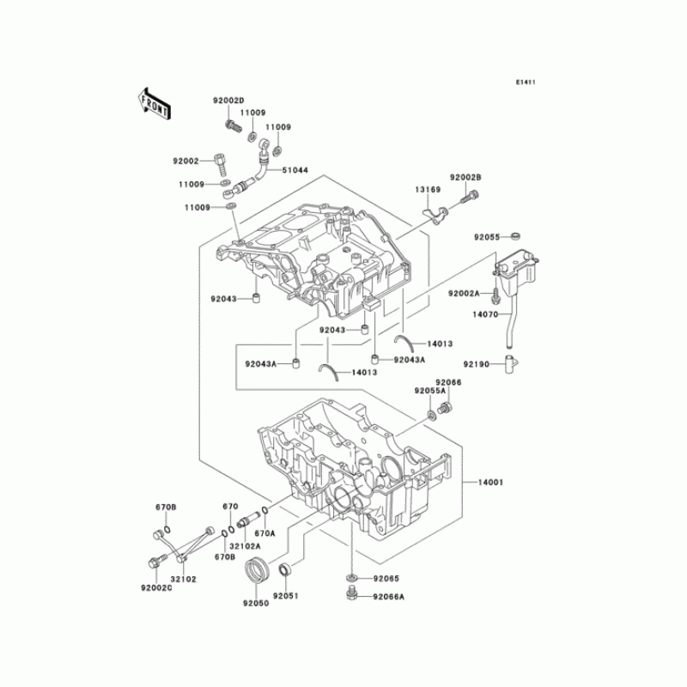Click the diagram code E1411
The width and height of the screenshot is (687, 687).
pos(526,82)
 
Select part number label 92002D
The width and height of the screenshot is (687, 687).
pos(229,101)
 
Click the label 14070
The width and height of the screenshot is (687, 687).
pos(484,315)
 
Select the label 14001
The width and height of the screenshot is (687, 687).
pos(489,483)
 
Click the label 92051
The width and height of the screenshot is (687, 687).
pos(286,596)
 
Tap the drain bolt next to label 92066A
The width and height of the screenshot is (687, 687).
pos(352,593)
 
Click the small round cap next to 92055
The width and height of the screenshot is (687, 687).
pos(514,234)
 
